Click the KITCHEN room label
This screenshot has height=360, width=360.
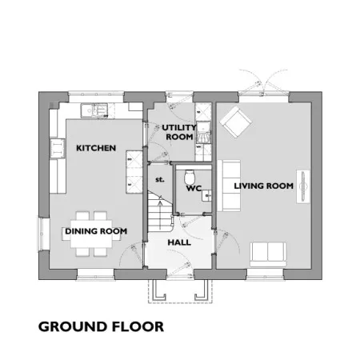point(96,148)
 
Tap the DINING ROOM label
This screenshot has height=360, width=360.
point(96,231)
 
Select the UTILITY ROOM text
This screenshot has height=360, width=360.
point(179,132)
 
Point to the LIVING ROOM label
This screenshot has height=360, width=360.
point(264,186)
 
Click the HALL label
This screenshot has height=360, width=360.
point(179,242)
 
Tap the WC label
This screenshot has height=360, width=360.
point(194,188)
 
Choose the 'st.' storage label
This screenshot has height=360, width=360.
point(160,179)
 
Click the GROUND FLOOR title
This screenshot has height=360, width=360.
point(101,326)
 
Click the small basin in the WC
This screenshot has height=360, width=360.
point(207,195)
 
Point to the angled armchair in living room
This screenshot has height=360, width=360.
point(236,122)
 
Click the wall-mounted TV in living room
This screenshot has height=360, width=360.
point(303,186)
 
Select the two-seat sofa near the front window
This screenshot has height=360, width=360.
point(268,254)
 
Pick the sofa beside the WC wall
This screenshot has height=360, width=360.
point(229,186)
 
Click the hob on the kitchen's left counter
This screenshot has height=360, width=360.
point(58,148)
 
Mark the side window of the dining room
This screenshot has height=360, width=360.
point(41,234)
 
